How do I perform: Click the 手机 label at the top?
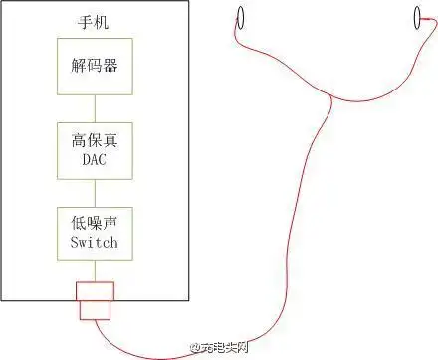(95, 21)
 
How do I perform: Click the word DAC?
(95, 159)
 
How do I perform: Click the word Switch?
(95, 242)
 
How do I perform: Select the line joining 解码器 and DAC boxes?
(95, 108)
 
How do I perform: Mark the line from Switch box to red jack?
(95, 270)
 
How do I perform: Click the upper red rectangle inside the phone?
(96, 290)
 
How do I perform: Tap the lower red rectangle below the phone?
(96, 310)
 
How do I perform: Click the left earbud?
(239, 18)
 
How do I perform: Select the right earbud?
(417, 18)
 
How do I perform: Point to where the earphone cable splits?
(329, 96)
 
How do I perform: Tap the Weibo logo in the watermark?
(195, 348)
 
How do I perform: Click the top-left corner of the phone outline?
(2, 2)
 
